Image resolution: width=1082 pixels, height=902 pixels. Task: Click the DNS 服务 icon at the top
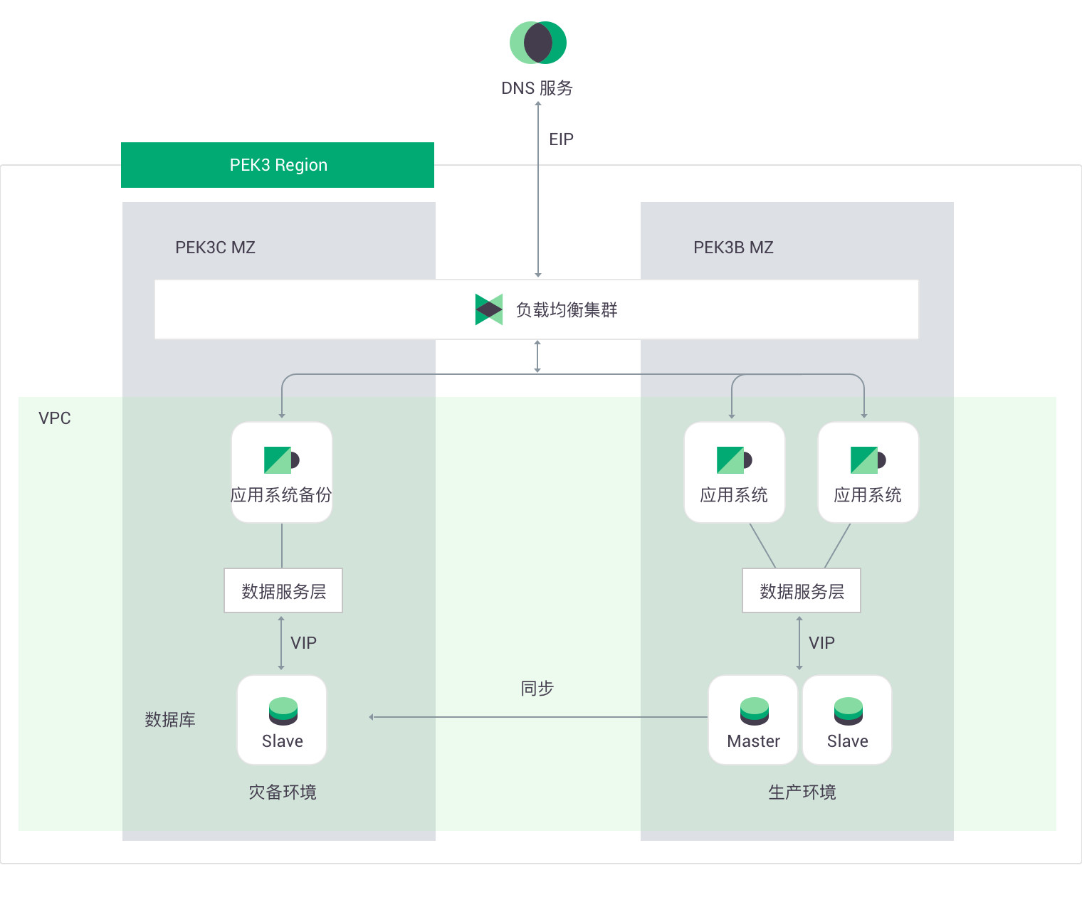[538, 43]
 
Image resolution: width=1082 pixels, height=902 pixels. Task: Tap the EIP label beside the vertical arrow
[561, 139]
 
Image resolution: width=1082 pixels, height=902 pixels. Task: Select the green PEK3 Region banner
[278, 165]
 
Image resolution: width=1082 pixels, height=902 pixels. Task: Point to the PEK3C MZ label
[215, 248]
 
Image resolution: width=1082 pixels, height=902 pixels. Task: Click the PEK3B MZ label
[733, 248]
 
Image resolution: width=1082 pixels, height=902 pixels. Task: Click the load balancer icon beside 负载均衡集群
[489, 309]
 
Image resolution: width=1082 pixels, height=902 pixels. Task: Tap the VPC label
[55, 418]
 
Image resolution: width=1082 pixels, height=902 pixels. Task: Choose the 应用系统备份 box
[282, 472]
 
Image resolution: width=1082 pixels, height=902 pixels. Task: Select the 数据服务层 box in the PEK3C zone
[283, 590]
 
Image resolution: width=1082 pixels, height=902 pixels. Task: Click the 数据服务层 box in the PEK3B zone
[802, 590]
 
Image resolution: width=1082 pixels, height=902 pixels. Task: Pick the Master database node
[753, 720]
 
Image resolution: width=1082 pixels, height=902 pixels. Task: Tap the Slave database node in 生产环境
[847, 720]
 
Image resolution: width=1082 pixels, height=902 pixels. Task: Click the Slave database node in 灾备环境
[282, 720]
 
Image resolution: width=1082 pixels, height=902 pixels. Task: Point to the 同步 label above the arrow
[537, 689]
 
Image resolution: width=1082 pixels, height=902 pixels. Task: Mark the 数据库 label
[170, 720]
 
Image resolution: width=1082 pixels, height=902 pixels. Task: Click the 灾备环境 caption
[283, 792]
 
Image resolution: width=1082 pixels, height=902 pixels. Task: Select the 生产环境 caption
[802, 792]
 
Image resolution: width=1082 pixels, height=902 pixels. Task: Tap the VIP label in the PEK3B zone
[821, 643]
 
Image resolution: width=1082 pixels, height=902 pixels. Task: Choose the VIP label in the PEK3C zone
[303, 643]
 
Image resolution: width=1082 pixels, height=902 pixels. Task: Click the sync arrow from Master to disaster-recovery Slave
[538, 717]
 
